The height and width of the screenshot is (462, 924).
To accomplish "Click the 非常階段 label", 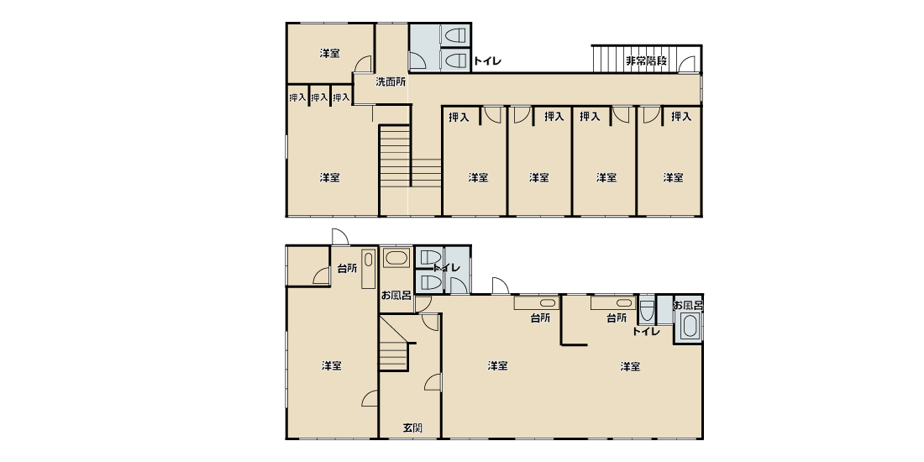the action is click(647, 60).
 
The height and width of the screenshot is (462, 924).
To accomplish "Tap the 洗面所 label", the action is click(391, 82).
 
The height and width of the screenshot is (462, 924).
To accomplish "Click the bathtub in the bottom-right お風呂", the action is click(689, 326).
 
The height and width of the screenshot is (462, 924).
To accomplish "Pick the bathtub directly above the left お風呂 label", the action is click(396, 258).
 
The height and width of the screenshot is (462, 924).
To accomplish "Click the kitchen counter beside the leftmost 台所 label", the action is click(368, 269).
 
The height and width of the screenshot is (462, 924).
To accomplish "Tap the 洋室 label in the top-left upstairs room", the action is click(329, 53).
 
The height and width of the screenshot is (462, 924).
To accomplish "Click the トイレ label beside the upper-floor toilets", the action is click(487, 60).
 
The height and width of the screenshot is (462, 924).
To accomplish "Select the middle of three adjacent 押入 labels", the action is click(319, 97).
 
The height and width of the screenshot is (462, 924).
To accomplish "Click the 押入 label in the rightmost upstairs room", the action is click(681, 117).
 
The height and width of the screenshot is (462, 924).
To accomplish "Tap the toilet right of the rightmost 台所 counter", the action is click(647, 310).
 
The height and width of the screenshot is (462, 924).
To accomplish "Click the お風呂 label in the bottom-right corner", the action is click(688, 305).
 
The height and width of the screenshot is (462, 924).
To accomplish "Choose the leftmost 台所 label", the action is click(346, 268).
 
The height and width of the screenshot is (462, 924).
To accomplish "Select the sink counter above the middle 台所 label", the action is click(536, 303).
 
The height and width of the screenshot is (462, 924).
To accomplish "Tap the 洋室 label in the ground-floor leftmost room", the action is click(332, 366).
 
